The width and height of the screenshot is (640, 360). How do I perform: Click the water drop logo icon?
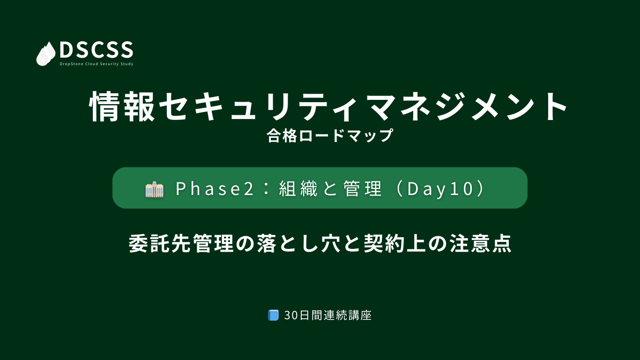pos(46,54)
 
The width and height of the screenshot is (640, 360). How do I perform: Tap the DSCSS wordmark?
pos(97,50)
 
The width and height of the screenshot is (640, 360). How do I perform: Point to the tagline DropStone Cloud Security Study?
pos(97,64)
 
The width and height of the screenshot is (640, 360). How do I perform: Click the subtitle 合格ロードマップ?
pos(330,135)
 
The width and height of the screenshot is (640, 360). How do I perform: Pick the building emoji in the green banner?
pos(154,189)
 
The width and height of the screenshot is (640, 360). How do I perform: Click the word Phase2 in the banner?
pos(215,189)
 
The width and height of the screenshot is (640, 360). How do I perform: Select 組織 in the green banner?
pos(298,189)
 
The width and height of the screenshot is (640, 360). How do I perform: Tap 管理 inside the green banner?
pos(363,189)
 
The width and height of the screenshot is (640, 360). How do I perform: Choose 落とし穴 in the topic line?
pos(298,243)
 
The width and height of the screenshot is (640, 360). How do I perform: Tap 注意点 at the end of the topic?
pos(480,243)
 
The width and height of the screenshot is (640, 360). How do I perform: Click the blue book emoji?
pos(273,315)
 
